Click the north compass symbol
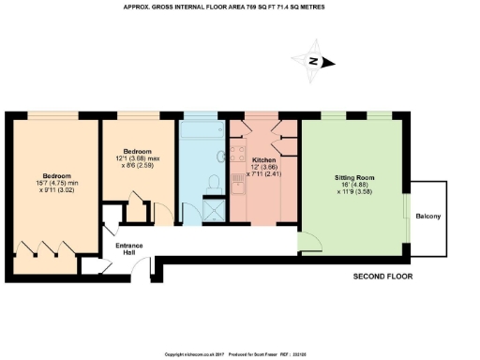316,62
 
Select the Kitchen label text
264,159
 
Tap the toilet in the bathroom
213,181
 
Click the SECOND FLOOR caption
382,277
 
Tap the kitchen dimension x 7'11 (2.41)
264,174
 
